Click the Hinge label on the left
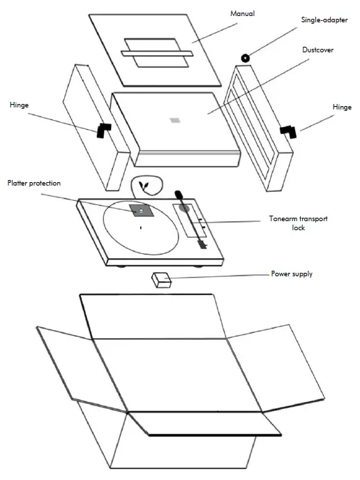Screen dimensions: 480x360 tap(20, 105)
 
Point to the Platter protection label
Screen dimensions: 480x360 tap(34, 183)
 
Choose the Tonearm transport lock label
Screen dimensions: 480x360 tap(298, 223)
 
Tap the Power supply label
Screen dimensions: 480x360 tap(291, 274)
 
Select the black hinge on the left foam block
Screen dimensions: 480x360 tap(104, 129)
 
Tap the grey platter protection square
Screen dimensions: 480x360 tap(140, 210)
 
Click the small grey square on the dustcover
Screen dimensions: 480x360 tap(174, 119)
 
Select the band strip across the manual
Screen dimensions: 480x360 tap(156, 54)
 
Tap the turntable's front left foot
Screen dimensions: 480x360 tap(123, 266)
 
